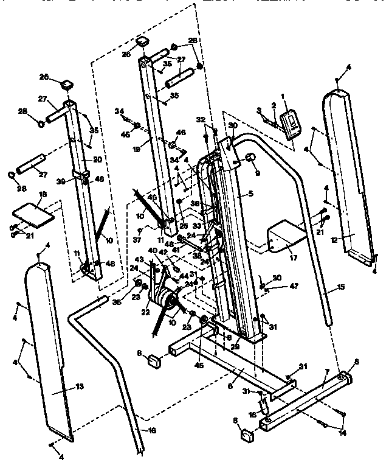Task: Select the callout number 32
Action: point(200,119)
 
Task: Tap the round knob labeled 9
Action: point(249,159)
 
